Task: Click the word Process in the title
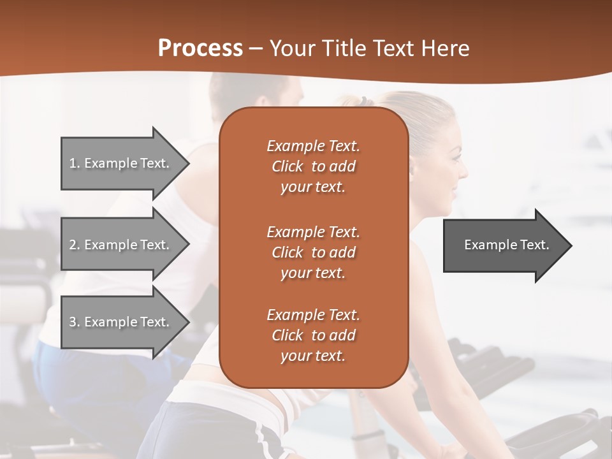click(x=200, y=48)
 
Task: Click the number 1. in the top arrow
click(x=75, y=163)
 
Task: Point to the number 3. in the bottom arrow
click(x=75, y=322)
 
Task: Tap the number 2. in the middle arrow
click(x=75, y=245)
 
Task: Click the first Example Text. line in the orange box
click(x=313, y=146)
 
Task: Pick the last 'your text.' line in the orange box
click(x=313, y=356)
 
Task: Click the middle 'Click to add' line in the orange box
click(x=313, y=252)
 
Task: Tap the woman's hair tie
click(x=362, y=101)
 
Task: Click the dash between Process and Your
click(x=256, y=49)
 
